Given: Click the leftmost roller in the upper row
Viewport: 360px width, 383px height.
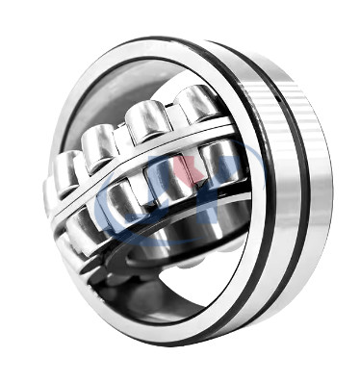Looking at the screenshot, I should coord(65,171).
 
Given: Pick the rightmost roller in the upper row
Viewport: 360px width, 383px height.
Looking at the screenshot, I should coord(197,103).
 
